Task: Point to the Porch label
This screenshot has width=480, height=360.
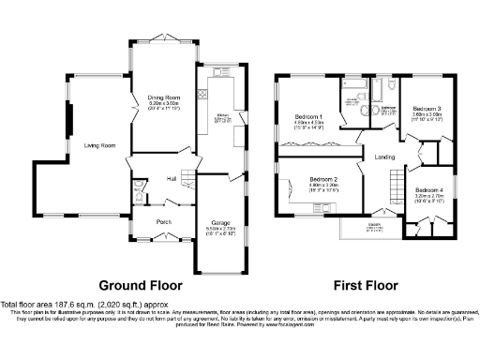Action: click(x=164, y=221)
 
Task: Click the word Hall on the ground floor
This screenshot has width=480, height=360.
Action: click(x=172, y=177)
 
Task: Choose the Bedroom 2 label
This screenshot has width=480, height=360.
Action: click(x=323, y=179)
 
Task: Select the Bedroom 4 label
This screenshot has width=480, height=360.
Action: click(x=428, y=190)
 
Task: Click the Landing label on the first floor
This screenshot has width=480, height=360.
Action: click(x=384, y=157)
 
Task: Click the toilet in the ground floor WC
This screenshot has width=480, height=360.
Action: click(x=139, y=196)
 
